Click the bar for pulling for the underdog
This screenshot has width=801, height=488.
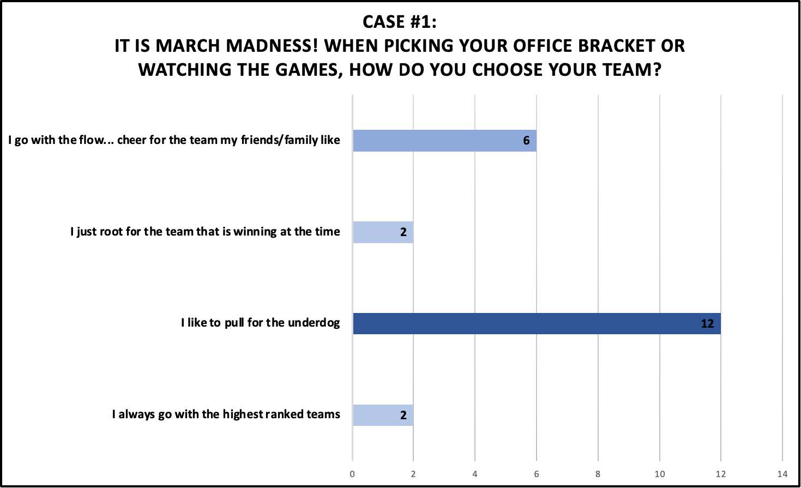pos(537,323)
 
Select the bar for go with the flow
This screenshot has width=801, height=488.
pos(444,141)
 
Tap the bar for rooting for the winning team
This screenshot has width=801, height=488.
pos(383,232)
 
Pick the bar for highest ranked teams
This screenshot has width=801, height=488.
pos(383,415)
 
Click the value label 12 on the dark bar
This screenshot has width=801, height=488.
pos(707,324)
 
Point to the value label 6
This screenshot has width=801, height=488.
pos(526,141)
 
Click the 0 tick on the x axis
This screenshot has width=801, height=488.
pos(352,474)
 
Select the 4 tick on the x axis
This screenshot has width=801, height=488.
pos(475,474)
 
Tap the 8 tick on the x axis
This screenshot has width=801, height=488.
pos(598,474)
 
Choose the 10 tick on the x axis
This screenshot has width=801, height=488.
pos(660,474)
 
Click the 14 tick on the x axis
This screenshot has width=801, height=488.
pos(782,474)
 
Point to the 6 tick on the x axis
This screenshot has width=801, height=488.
pos(537,474)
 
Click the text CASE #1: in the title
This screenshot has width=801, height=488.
pos(400,22)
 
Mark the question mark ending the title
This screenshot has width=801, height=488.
pos(657,69)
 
